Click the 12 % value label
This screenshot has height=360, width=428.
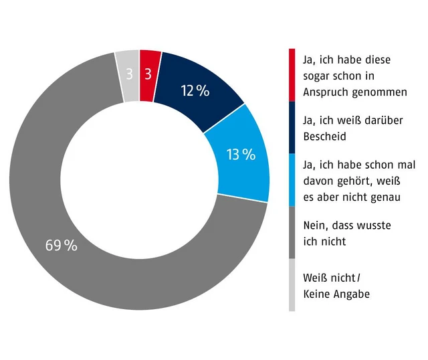195,91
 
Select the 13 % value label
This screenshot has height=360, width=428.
241,155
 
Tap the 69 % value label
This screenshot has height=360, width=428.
62,245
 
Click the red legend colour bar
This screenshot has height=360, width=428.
292,74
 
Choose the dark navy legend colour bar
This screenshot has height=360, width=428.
292,127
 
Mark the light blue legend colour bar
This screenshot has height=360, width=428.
292,179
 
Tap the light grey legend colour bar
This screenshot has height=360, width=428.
292,284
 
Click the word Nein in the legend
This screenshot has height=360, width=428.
316,227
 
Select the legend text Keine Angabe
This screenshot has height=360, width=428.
336,294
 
